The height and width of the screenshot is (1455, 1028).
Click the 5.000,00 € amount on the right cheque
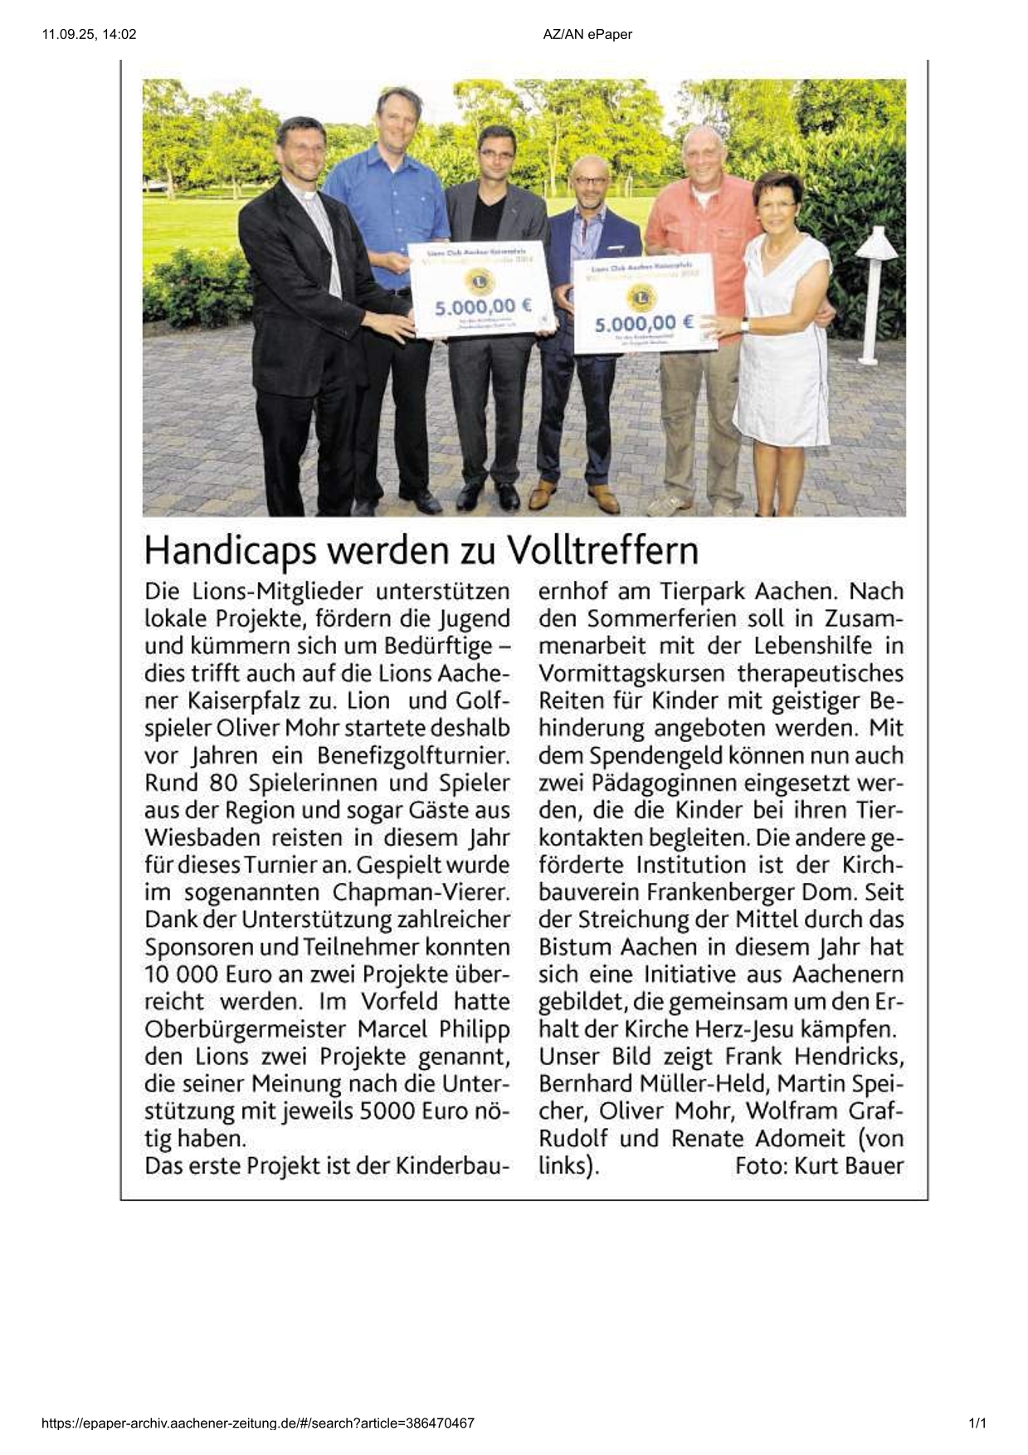coord(644,323)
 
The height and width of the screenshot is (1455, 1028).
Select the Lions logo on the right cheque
coord(641,296)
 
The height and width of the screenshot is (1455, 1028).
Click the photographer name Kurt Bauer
coord(849,1166)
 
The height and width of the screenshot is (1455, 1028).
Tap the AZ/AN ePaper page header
coord(587,34)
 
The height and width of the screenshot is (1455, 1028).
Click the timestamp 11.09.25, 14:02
coord(89,34)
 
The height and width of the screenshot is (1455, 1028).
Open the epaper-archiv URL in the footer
coord(258,1423)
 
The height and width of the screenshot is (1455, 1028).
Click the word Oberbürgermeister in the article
coord(245,1029)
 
